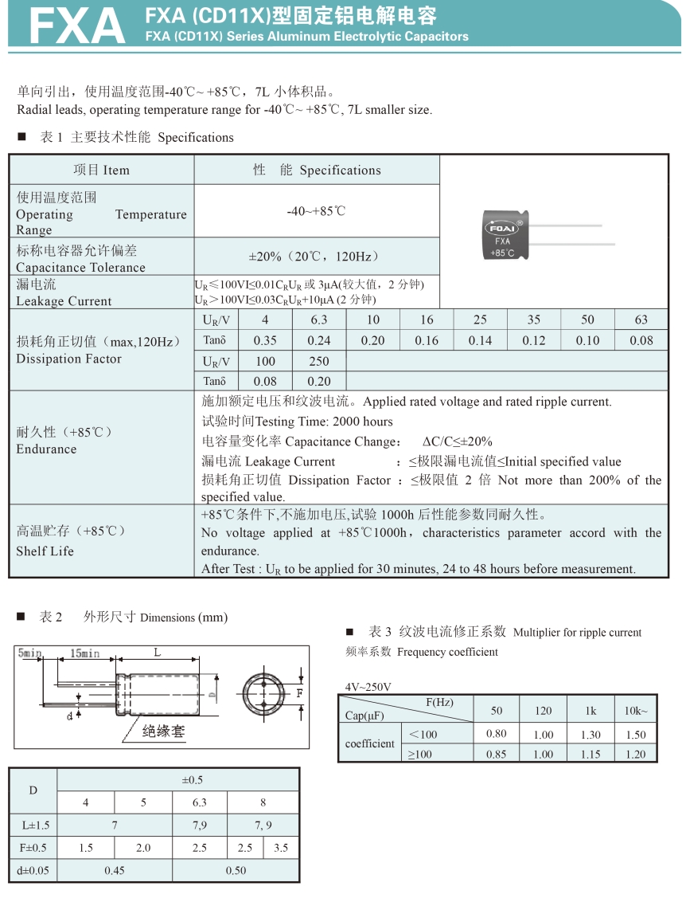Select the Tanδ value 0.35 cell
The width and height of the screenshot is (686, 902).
265,340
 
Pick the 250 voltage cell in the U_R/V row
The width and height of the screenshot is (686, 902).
318,361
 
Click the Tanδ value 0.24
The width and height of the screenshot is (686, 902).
318,340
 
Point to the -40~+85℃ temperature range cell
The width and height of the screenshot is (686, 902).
316,211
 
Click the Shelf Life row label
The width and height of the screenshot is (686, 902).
45,551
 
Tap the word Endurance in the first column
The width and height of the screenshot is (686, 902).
46,449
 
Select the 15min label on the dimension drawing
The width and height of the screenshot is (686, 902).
85,653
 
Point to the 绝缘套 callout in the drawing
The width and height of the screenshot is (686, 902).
163,730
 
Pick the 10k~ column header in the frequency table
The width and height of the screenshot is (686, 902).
635,710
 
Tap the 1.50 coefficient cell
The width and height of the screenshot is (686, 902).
635,734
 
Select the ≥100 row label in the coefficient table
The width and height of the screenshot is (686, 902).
421,754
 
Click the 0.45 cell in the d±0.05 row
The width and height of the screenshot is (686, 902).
114,870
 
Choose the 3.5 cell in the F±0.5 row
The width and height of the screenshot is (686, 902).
281,848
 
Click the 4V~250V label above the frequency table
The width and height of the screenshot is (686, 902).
368,687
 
